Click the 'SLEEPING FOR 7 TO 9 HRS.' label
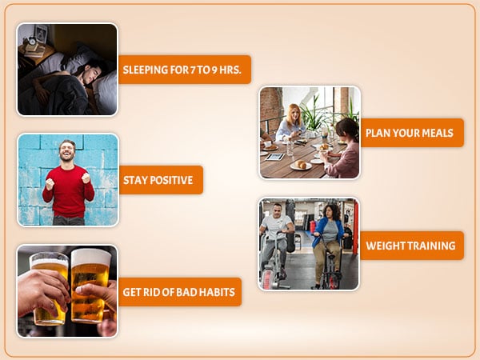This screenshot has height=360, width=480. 185,70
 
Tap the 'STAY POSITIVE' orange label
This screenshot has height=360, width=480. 161,180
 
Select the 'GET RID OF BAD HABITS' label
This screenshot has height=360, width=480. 180,292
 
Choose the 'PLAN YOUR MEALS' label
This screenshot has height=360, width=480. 412,133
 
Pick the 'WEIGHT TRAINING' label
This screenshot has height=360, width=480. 412,246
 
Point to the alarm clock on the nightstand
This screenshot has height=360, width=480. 31,41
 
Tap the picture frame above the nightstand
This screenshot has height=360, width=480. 41,34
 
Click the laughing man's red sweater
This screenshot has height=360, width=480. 69,191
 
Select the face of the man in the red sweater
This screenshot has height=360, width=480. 67,151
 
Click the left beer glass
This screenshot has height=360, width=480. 49,288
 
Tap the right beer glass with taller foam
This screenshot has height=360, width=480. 90,286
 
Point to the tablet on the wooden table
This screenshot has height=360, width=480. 274,157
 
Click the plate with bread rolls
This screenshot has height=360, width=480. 301,166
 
